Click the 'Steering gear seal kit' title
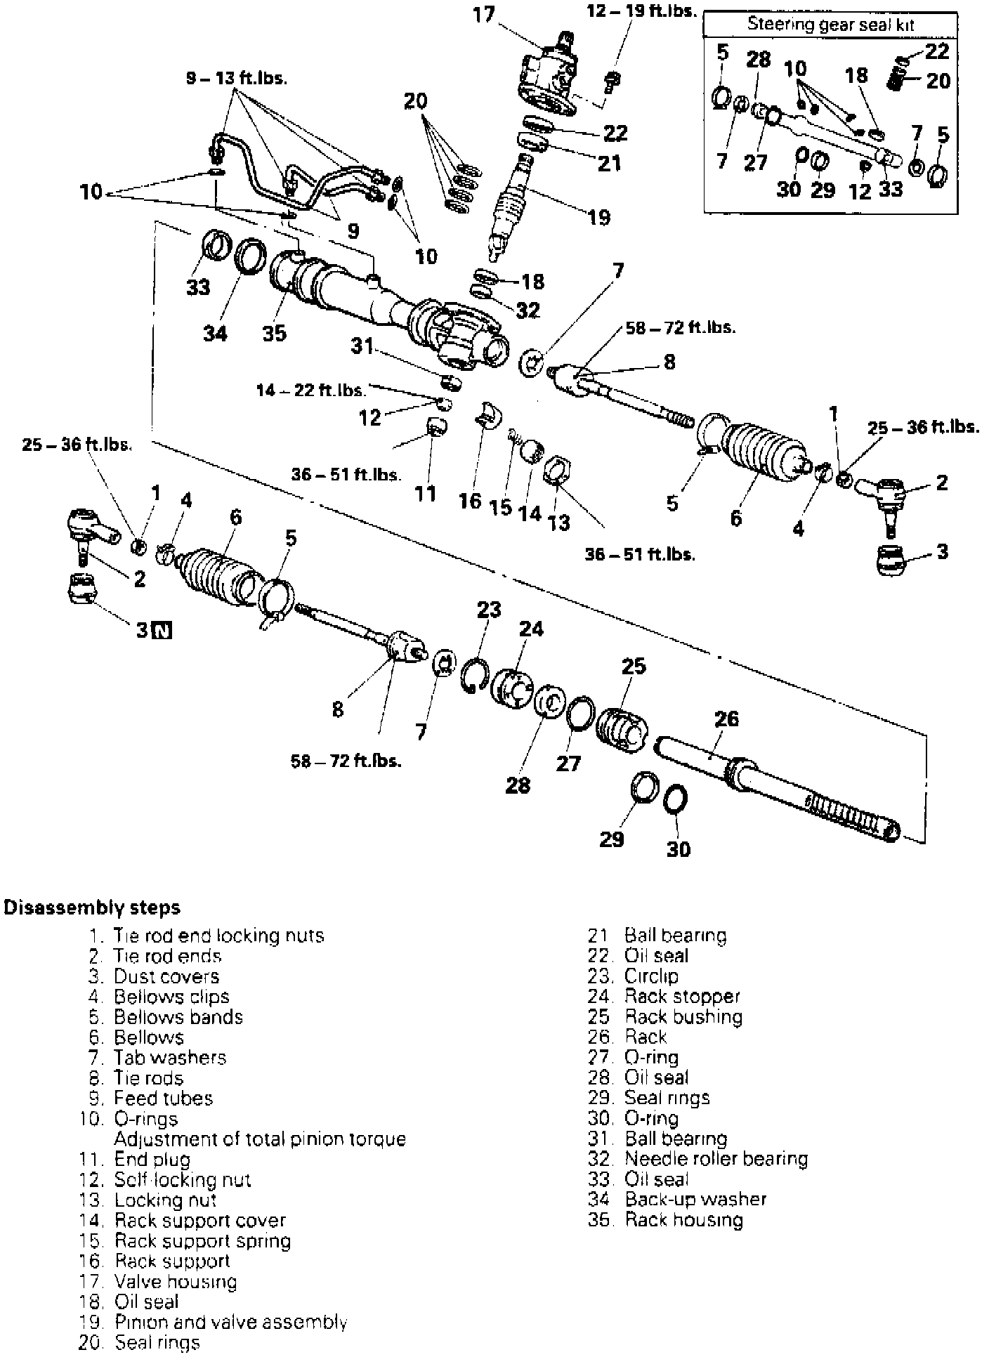830,24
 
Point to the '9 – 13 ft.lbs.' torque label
237,78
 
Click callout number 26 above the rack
726,719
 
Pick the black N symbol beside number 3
162,630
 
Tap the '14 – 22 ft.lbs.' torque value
311,390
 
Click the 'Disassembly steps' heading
92,907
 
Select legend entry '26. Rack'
628,1037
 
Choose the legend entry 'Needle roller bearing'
716,1158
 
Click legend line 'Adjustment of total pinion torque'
260,1139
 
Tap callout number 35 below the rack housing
275,332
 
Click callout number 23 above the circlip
489,609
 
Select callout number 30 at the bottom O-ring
678,849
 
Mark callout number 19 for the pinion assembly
599,217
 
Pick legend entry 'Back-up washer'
695,1199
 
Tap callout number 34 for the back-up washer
216,332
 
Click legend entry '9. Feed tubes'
151,1098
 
